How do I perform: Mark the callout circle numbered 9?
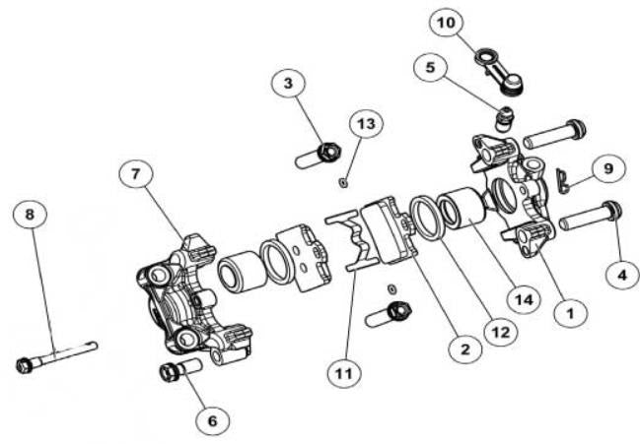coord(608,168)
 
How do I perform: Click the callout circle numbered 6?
coord(209,418)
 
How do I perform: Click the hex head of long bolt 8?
coord(25,366)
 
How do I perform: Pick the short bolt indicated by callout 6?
coord(178,371)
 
